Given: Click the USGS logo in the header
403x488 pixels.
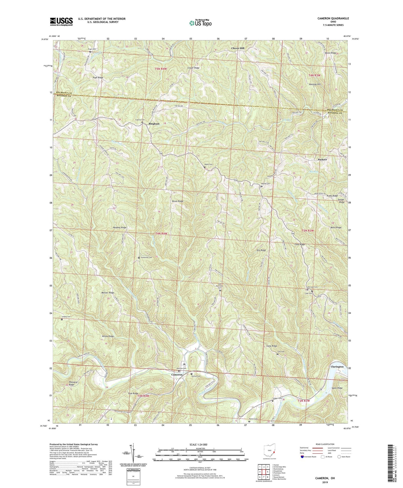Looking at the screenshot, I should pyautogui.click(x=61, y=21).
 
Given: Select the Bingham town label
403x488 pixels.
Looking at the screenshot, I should pyautogui.click(x=154, y=124).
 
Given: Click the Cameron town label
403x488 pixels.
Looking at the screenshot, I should pyautogui.click(x=177, y=375).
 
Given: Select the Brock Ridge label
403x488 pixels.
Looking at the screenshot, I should pyautogui.click(x=178, y=201).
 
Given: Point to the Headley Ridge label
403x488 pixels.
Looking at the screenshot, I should pyautogui.click(x=120, y=227).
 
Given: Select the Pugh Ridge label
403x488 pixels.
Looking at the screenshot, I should pyautogui.click(x=98, y=78).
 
